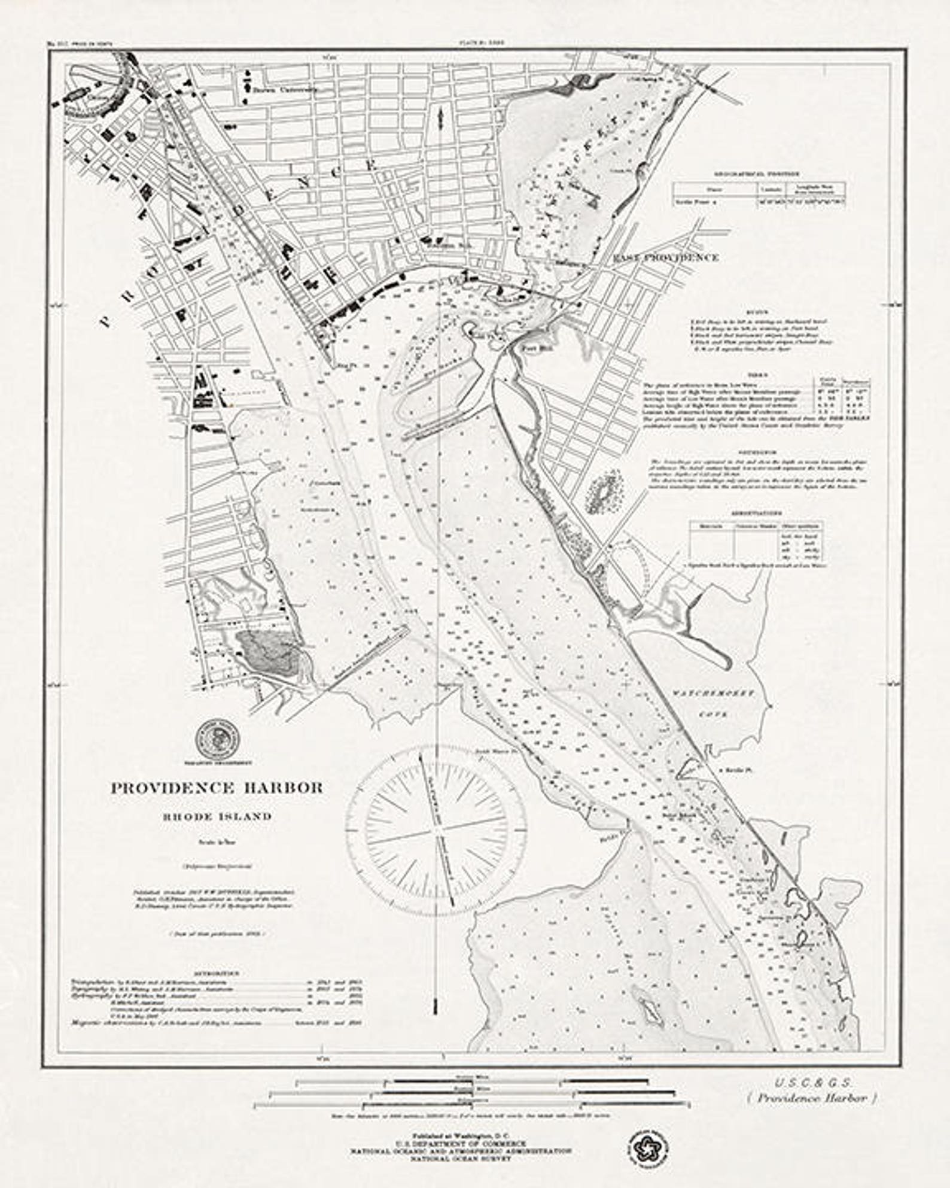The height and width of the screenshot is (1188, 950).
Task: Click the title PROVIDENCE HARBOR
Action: coord(217,788)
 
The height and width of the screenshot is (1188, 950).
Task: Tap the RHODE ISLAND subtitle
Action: coord(216,816)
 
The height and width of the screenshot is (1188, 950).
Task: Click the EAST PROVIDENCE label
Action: coord(666,258)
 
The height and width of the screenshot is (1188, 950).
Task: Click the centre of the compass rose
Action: coord(437,832)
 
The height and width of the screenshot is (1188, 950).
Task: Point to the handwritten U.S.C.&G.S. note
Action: coord(814,1083)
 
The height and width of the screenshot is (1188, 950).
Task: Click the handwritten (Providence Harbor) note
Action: coord(812,1098)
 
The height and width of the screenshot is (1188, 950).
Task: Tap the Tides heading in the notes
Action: coord(757,375)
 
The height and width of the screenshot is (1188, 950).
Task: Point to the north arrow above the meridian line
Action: coord(440,117)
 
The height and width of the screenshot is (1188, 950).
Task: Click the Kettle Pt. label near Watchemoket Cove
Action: coord(737,771)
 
